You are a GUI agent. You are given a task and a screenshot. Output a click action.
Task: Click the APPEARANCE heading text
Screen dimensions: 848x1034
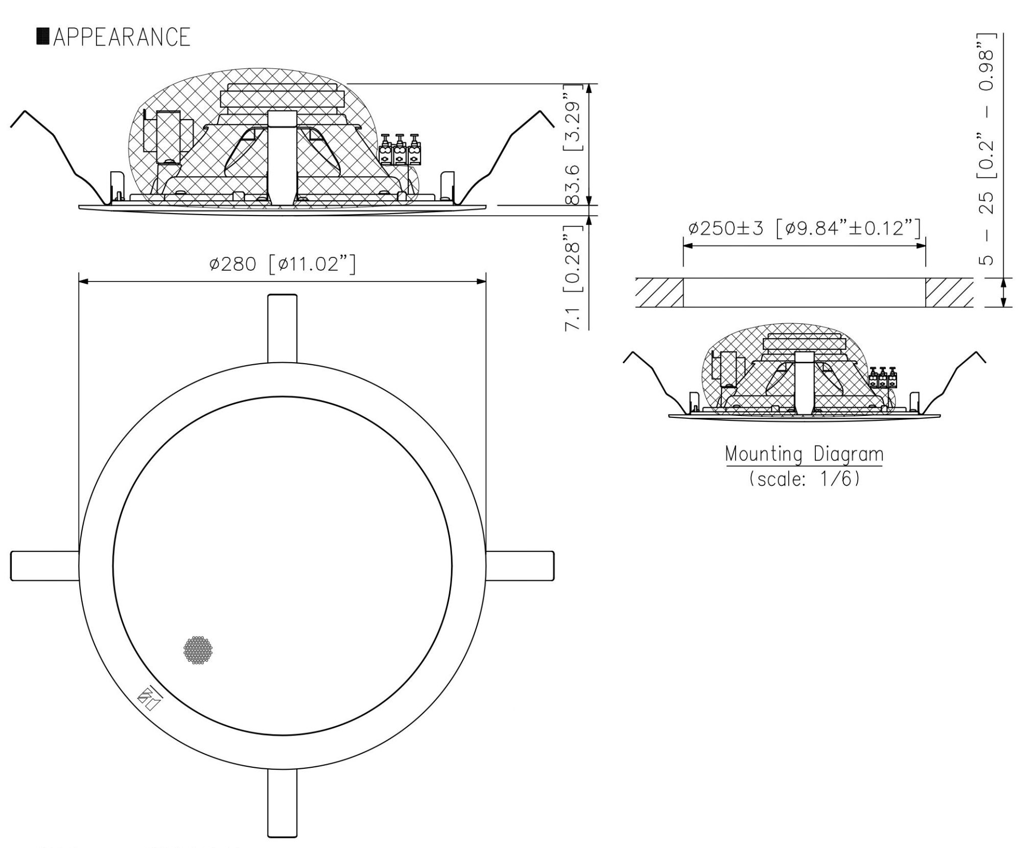pyautogui.click(x=122, y=37)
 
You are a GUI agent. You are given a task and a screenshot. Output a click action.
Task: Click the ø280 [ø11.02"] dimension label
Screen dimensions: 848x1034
pyautogui.click(x=282, y=264)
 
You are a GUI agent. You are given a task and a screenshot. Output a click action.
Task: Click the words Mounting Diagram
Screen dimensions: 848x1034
pyautogui.click(x=804, y=454)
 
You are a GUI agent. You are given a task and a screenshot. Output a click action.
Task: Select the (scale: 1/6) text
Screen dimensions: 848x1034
pyautogui.click(x=804, y=479)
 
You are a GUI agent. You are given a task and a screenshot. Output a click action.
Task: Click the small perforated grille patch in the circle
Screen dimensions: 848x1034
pyautogui.click(x=198, y=650)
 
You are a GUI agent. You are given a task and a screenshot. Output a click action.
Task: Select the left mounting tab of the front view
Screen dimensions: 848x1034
pyautogui.click(x=45, y=566)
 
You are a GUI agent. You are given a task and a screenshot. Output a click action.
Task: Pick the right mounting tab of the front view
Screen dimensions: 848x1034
pyautogui.click(x=520, y=566)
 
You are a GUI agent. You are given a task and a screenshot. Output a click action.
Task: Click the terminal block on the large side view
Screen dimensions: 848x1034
pyautogui.click(x=400, y=151)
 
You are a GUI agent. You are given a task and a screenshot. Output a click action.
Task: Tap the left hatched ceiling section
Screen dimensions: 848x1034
pyautogui.click(x=659, y=293)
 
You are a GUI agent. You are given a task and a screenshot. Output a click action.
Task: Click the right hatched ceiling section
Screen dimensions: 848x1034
pyautogui.click(x=949, y=293)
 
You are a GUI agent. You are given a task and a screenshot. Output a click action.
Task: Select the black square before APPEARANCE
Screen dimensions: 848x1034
pyautogui.click(x=43, y=37)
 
